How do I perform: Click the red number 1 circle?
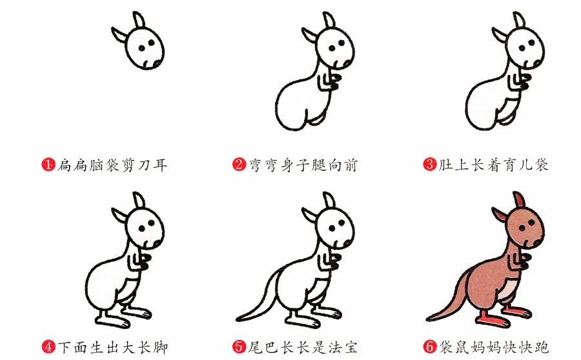[x=47, y=165]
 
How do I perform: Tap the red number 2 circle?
[x=238, y=165]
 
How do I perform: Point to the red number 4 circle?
[x=47, y=347]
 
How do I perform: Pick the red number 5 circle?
[x=238, y=347]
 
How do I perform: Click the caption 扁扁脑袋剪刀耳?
[x=112, y=165]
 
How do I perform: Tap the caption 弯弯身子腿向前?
[x=303, y=165]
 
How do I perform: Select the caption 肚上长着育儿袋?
[x=494, y=165]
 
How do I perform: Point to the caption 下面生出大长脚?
[x=112, y=347]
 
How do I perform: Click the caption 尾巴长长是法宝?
[x=303, y=347]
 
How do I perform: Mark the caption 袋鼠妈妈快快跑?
[x=494, y=347]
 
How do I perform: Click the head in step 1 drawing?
[x=145, y=48]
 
